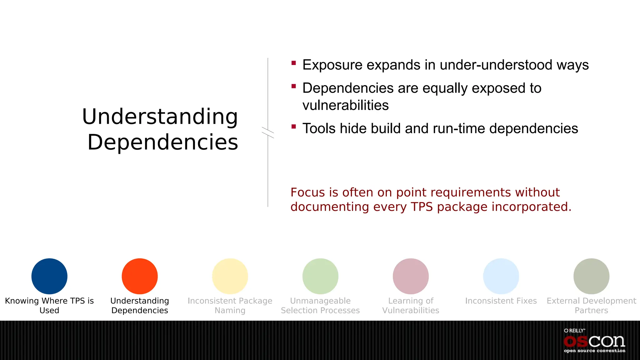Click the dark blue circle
[x=49, y=276]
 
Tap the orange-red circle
[x=140, y=276]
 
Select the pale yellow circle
[x=230, y=276]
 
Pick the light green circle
[x=320, y=276]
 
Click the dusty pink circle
[x=411, y=276]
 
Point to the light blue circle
[x=501, y=276]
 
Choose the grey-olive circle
[x=591, y=276]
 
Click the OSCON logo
[x=594, y=341]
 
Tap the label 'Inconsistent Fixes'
[x=501, y=301]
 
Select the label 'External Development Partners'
[x=591, y=306]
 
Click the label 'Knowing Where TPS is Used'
[x=49, y=306]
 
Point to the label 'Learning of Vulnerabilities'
[x=411, y=306]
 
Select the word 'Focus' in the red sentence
[x=307, y=192]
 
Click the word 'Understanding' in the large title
[x=160, y=117]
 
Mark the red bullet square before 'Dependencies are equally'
[x=293, y=86]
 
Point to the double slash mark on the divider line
[x=268, y=132]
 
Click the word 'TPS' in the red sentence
[x=422, y=207]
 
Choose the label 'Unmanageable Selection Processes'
[x=320, y=306]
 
